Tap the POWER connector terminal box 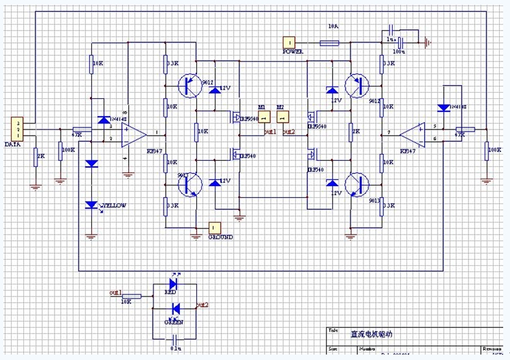pos(290,42)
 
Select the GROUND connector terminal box pos(214,227)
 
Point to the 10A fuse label pos(333,27)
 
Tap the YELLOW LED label pos(115,205)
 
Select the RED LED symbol pos(173,282)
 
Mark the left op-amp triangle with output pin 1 pos(133,134)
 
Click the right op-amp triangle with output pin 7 pos(412,133)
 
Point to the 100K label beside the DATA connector pos(69,150)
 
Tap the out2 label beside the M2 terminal pos(288,131)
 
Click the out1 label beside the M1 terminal pos(270,131)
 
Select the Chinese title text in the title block pos(372,335)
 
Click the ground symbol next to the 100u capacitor pos(428,42)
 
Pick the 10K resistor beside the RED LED pos(134,296)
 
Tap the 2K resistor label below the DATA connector pos(40,156)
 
